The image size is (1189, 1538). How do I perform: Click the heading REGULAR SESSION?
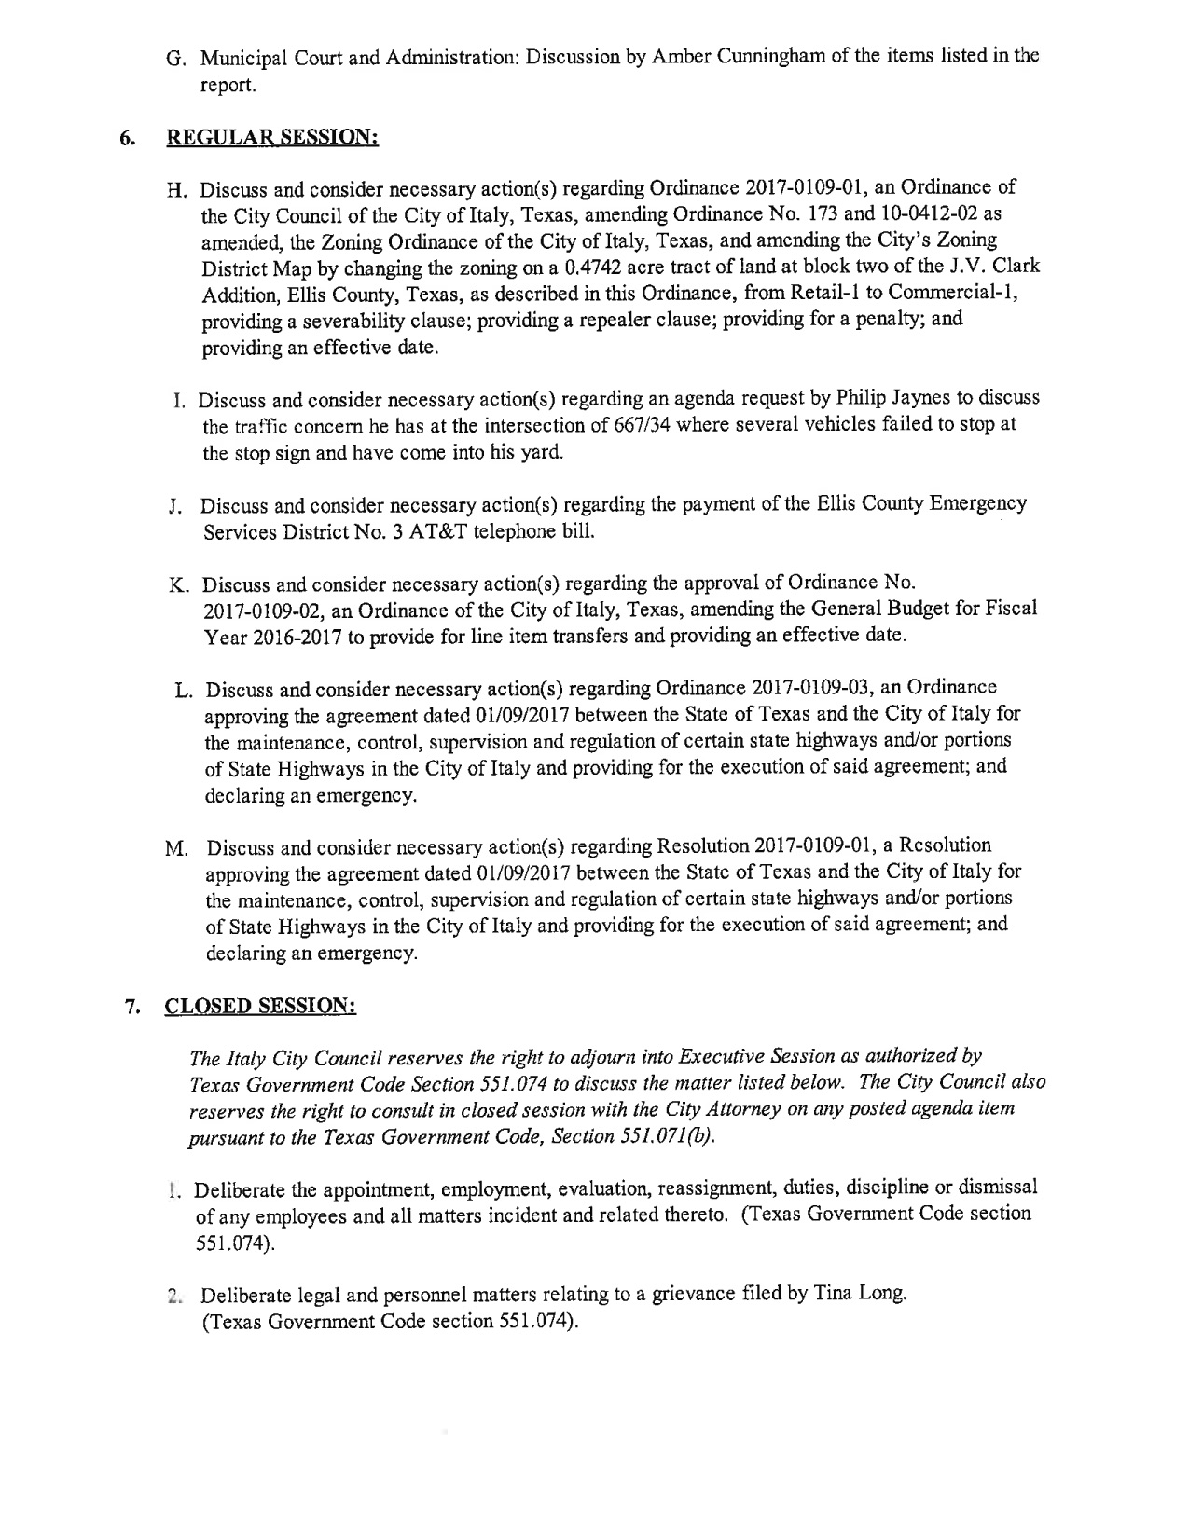pos(271,136)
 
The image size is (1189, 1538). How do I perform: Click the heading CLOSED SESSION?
pos(260,1007)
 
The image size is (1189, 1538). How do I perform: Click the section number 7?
pos(132,1008)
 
